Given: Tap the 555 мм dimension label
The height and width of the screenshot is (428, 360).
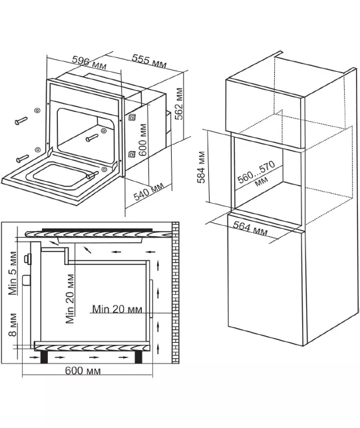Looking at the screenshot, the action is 149,61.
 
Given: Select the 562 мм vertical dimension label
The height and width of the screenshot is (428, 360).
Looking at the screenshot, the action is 179,104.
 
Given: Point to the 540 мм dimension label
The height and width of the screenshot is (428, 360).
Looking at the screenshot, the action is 149,191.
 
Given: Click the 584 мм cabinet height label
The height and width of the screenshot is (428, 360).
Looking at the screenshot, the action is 201,167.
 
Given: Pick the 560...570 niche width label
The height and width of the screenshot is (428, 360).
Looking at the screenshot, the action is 257,174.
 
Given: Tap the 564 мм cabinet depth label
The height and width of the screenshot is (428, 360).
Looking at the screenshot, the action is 250,228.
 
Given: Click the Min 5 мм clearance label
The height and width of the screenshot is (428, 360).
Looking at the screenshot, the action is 13,273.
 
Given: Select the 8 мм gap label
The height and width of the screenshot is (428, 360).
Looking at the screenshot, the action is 13,325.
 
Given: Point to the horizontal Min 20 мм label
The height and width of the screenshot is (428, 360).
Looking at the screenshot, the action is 117,310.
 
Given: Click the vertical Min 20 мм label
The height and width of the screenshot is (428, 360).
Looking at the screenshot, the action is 70,299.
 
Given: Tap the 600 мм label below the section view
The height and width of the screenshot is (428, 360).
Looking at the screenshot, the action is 83,371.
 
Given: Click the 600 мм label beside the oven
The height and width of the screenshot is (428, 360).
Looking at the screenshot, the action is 143,140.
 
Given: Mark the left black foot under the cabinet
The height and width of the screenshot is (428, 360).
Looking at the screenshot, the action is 44,357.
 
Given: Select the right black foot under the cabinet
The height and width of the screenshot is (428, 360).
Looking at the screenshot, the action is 138,357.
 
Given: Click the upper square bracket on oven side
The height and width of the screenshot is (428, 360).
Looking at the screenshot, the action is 132,117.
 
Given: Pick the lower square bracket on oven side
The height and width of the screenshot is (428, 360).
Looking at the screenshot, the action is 132,154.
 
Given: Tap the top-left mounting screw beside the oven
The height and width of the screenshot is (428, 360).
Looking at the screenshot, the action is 21,120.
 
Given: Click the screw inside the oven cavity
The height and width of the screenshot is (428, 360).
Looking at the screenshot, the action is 92,138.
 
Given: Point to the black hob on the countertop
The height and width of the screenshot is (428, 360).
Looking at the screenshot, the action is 97,230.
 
